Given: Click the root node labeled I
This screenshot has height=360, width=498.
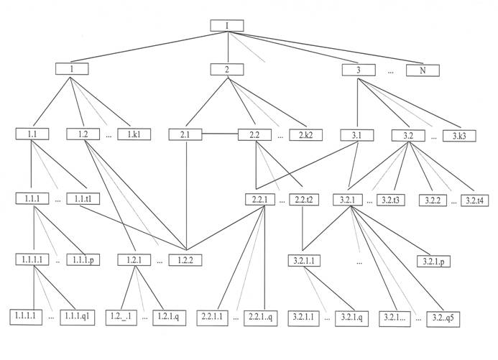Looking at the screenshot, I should tap(227, 26).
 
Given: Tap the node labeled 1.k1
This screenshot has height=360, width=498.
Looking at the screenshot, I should tap(134, 134).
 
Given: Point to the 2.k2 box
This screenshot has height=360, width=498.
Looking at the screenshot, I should tap(305, 134).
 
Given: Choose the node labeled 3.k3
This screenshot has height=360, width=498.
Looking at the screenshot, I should tap(458, 134).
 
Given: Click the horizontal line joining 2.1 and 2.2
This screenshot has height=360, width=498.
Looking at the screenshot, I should tap(220, 134).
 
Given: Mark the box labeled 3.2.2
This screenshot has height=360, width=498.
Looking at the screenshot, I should tap(434, 199).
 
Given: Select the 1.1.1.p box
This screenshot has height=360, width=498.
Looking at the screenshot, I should tap(83, 259).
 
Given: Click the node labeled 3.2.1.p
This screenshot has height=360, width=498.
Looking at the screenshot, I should tap(434, 259).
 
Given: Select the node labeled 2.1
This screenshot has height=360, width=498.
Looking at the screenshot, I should tap(185, 134).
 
